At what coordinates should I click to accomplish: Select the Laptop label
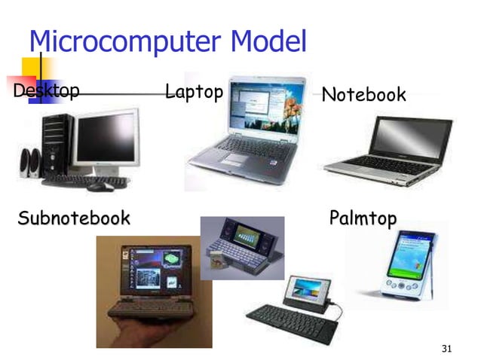coord(194,92)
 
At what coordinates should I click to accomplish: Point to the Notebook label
coord(363,95)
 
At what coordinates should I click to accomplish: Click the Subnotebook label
coord(74,219)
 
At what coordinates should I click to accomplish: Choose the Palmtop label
coord(363,219)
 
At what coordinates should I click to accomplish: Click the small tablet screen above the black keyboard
coord(306,291)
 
